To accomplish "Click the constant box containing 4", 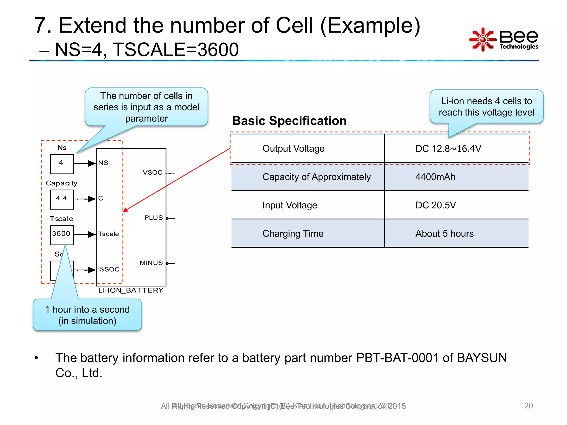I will (x=62, y=164).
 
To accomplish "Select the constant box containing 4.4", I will (x=62, y=199).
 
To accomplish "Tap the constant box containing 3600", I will (x=62, y=235).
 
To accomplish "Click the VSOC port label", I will (x=153, y=172).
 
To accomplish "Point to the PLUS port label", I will (x=153, y=218).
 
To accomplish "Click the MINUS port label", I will (x=151, y=263).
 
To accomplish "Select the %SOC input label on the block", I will (x=109, y=269).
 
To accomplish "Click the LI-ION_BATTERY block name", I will (x=131, y=290).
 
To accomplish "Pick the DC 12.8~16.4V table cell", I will (x=448, y=149).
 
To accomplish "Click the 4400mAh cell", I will (x=435, y=177).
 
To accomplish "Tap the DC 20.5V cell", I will (x=435, y=205).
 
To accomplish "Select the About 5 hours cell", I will (x=444, y=234).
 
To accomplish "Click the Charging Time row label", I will (x=293, y=234).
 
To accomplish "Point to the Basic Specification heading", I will (x=289, y=121).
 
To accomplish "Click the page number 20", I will (x=528, y=406).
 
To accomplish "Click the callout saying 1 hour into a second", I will (x=87, y=315).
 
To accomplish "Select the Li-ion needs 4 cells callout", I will (x=486, y=107).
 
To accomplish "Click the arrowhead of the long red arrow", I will (x=125, y=210).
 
